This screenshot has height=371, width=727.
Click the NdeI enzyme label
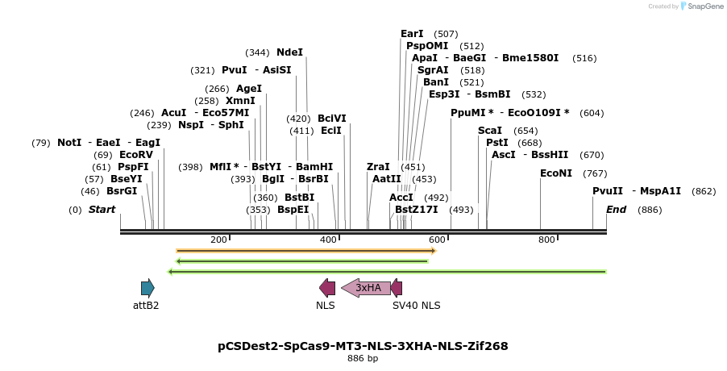pos(289,52)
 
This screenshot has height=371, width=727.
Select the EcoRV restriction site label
pos(135,155)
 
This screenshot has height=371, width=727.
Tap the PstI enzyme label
pos(496,143)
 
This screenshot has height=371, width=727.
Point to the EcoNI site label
pos(555,173)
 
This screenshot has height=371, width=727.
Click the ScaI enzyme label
pos(490,131)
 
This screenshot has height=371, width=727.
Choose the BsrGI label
pos(122,191)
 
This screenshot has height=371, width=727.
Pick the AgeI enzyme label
pos(249,89)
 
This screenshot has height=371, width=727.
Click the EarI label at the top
pos(412,34)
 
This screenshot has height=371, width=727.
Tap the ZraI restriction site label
pos(378,167)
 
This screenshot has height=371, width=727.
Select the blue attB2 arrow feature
pos(147,288)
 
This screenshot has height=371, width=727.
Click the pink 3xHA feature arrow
pos(367,288)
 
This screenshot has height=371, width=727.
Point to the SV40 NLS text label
pos(416,306)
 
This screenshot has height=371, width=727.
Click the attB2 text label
pos(146,306)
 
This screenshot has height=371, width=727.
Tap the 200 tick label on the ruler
pos(218,240)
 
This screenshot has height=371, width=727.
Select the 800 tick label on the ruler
pos(546,240)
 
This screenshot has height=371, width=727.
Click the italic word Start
pos(102,210)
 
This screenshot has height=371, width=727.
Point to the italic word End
pos(616,210)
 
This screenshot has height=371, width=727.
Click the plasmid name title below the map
pos(363,346)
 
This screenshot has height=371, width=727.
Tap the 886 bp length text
pos(363,358)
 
